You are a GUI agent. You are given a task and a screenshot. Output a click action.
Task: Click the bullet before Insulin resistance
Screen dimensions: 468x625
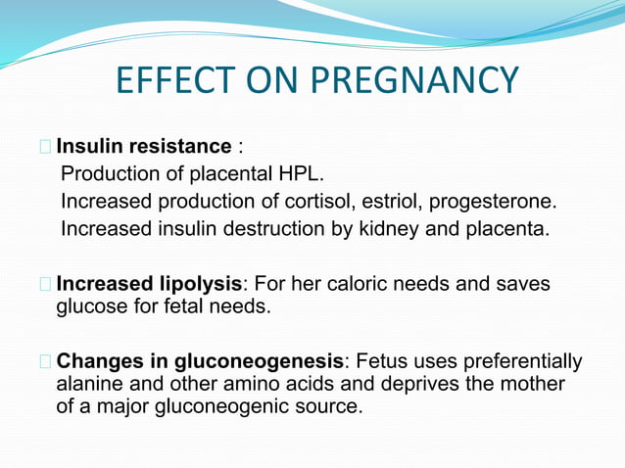coord(46,148)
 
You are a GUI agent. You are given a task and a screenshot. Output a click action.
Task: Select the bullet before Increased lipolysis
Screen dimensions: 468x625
coord(46,285)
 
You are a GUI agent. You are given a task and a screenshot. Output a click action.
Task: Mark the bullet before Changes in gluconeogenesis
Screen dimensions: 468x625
coord(46,362)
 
